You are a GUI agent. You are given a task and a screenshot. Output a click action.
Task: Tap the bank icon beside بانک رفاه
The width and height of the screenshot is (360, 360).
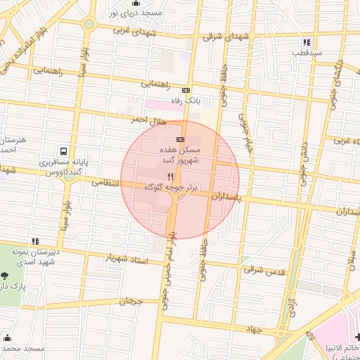click(186, 90)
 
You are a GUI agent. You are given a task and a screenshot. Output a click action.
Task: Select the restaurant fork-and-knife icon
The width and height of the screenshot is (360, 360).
click(169, 176)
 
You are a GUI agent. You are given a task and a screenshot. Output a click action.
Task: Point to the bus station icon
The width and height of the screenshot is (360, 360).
click(64, 151)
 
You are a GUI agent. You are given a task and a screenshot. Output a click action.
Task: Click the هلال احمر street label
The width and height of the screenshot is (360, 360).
click(149, 121)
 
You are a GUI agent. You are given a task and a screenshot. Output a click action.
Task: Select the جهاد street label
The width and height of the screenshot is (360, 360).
click(253, 329)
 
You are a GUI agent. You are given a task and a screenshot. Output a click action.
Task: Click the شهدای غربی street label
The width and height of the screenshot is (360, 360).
click(131, 30)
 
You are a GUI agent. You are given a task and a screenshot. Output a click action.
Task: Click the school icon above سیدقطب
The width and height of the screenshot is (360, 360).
click(307, 42)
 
